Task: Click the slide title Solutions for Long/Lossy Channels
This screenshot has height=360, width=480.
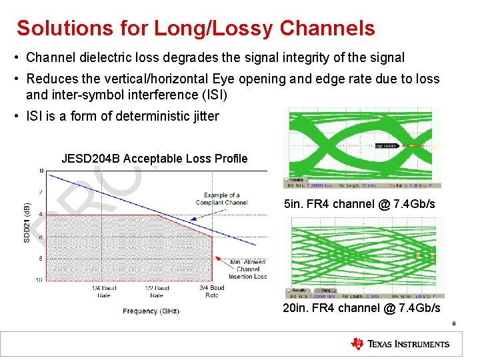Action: point(195,29)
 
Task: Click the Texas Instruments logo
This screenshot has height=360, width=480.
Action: point(400,344)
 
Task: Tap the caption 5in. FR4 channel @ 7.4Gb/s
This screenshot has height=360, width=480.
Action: point(359,204)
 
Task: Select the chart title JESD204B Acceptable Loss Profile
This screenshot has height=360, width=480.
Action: point(154,159)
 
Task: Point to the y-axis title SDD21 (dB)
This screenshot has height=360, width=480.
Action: point(27,223)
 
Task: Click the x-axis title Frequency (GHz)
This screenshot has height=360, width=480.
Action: point(151,311)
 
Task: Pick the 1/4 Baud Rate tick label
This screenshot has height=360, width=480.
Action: point(104,291)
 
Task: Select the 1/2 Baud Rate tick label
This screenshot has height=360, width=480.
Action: point(157,291)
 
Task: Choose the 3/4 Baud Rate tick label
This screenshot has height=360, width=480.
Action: point(211,291)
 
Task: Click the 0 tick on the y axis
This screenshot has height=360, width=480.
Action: point(41,171)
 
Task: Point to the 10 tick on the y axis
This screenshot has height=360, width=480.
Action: point(40,279)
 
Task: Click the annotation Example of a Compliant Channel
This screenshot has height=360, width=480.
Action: point(221,199)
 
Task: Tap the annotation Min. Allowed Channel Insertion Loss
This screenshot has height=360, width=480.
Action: point(248,269)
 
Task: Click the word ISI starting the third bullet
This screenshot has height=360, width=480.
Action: point(34,117)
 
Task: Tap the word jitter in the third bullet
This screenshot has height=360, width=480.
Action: point(204,117)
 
